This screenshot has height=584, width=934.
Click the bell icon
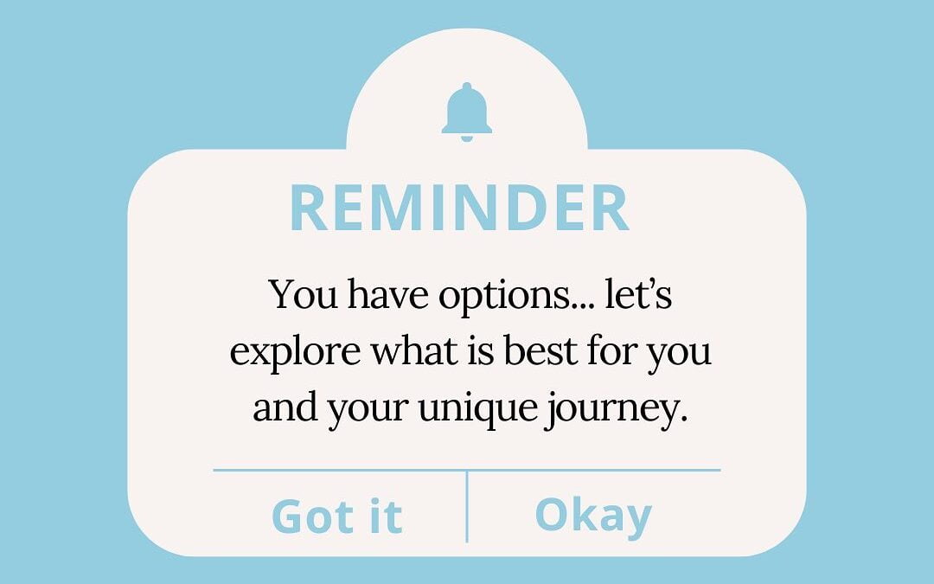coord(466,111)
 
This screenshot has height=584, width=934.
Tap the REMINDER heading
coord(459,208)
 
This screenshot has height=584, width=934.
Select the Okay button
coord(593,516)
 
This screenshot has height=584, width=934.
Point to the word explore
coord(295,351)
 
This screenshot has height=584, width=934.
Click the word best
coord(541,350)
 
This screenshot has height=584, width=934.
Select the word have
coord(387,294)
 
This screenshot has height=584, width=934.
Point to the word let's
coord(638,294)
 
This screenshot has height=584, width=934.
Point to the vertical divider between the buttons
coord(467,506)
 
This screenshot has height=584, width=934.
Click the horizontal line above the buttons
coord(467,470)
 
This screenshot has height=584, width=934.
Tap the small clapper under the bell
coord(466,138)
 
